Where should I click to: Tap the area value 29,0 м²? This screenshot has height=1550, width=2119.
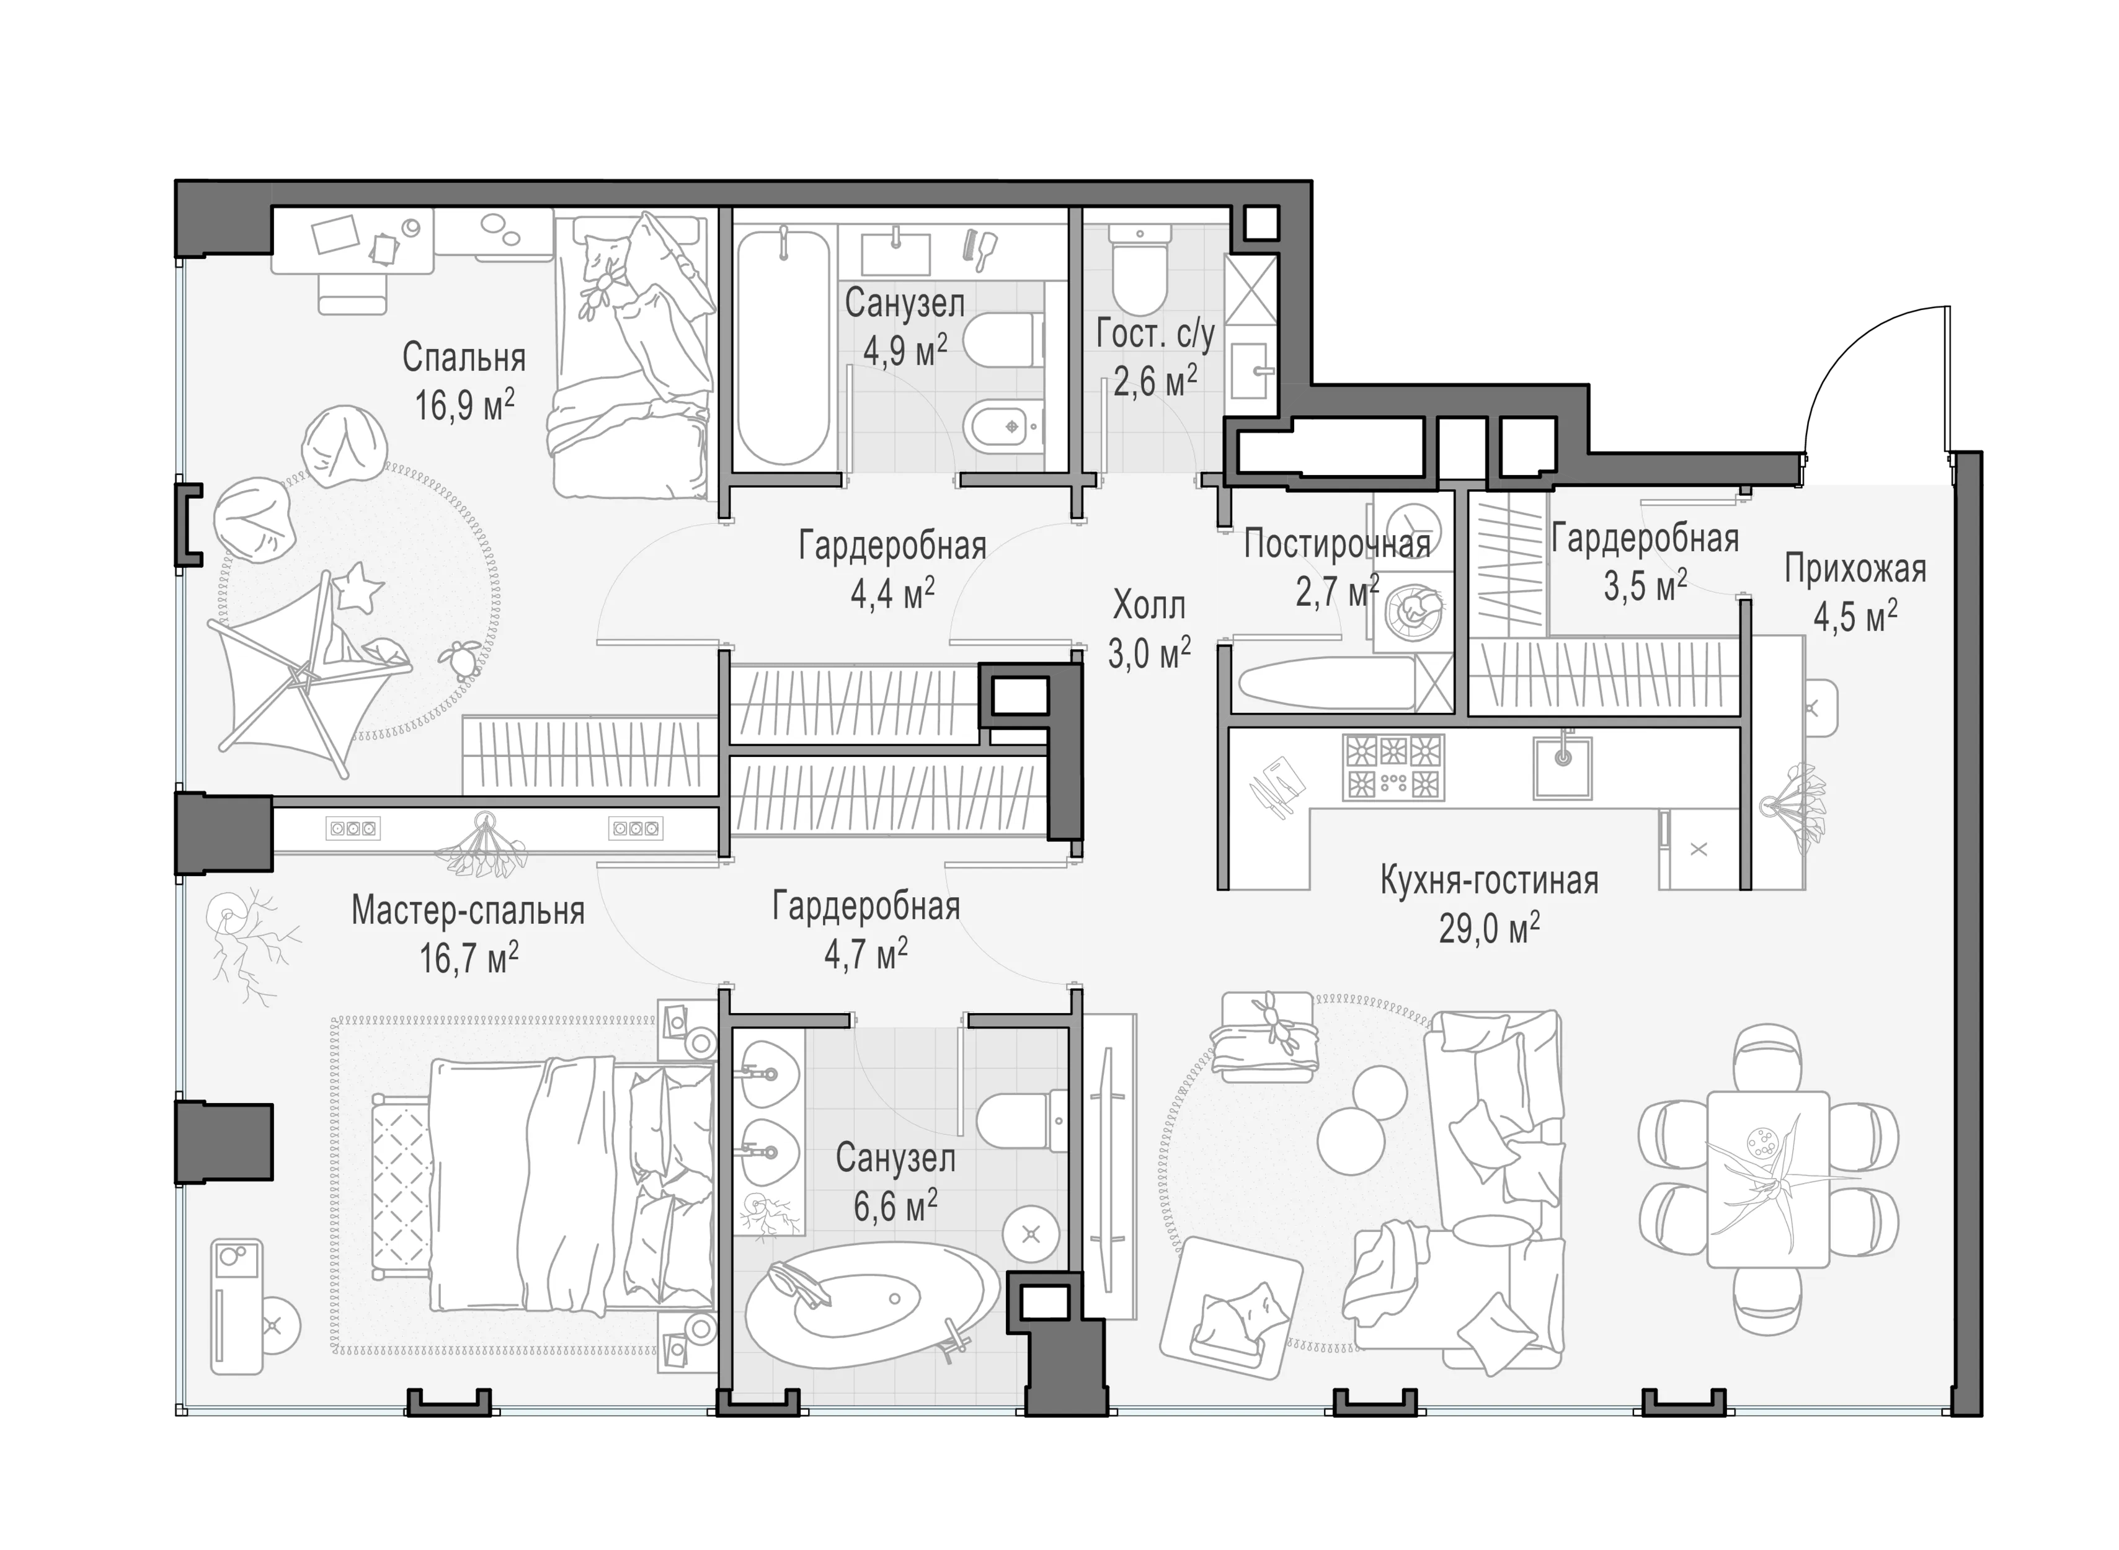point(1490,928)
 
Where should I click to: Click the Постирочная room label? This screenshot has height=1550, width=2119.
point(1337,544)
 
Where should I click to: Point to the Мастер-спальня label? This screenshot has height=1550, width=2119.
point(468,910)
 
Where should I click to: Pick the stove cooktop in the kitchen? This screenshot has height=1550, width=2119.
point(1393,766)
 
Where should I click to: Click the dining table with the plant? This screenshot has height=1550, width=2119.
point(1768,1179)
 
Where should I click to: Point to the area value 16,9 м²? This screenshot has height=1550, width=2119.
point(464,405)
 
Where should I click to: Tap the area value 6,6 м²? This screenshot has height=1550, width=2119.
point(895,1207)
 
